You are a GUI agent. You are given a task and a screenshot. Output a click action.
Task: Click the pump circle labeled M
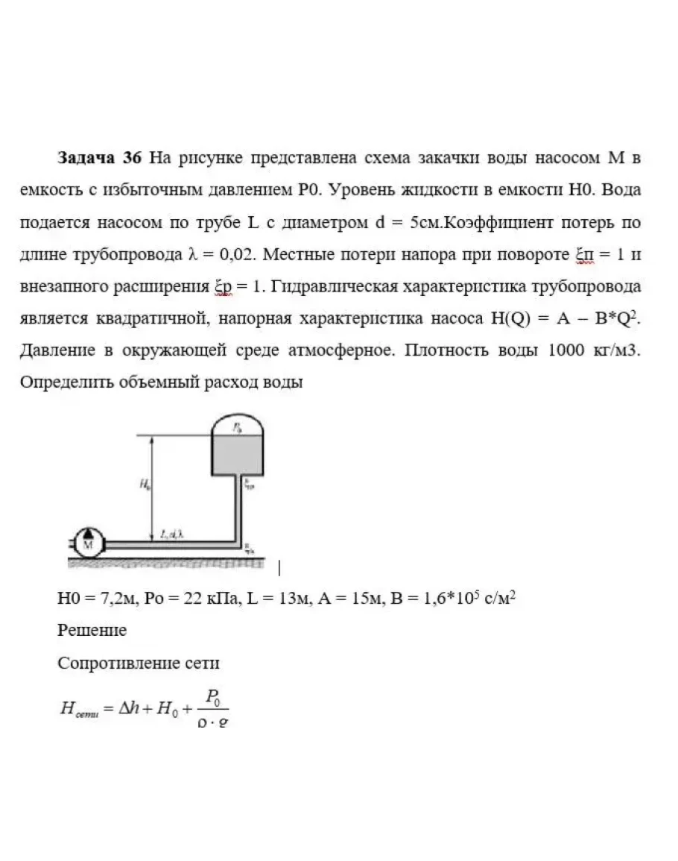click(91, 543)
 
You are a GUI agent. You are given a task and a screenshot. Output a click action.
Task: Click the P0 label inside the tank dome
click(236, 428)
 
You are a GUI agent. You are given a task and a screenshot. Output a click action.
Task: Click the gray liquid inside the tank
click(237, 455)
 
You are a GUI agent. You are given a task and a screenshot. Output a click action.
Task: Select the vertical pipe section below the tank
click(238, 507)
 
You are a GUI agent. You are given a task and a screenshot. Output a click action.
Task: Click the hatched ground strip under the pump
click(164, 564)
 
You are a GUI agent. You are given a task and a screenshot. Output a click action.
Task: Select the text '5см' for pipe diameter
click(416, 222)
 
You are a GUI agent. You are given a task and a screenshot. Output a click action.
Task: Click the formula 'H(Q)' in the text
click(506, 318)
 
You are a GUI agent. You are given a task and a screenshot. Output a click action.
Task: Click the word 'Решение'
click(92, 630)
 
